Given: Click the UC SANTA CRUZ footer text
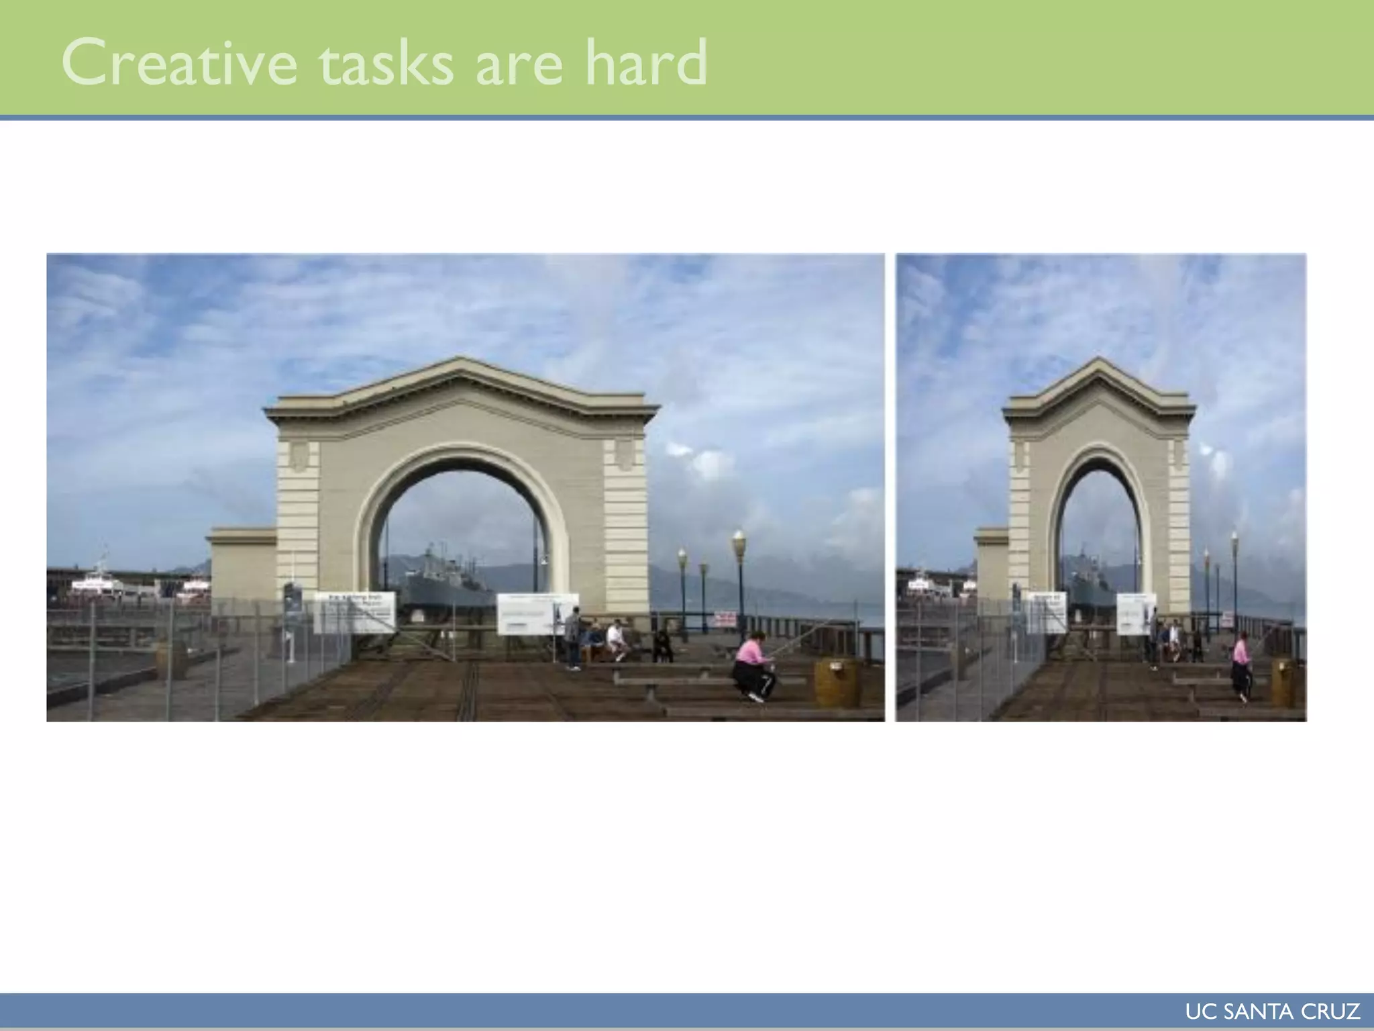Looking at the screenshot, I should [x=1272, y=1012].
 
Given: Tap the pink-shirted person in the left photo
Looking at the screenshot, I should [x=753, y=665].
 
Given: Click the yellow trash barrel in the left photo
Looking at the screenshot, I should [x=837, y=681].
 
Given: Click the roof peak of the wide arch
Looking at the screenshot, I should [x=460, y=363].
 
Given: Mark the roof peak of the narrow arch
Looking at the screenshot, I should [x=1099, y=363].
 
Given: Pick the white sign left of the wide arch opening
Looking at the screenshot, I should [x=354, y=611].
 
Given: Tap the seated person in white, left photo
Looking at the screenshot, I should [x=615, y=639].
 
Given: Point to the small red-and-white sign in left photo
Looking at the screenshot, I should [x=725, y=618].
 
